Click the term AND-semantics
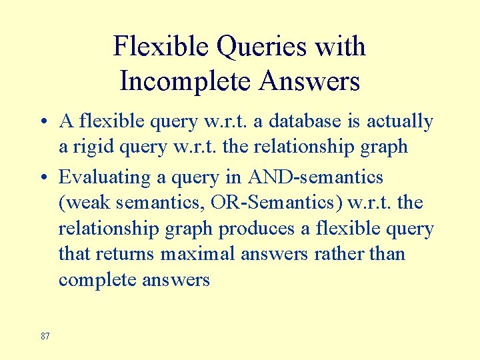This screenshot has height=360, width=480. (315, 177)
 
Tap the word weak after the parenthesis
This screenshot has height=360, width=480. (87, 203)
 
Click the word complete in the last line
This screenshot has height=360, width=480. (97, 280)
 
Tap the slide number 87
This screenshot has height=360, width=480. (45, 336)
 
